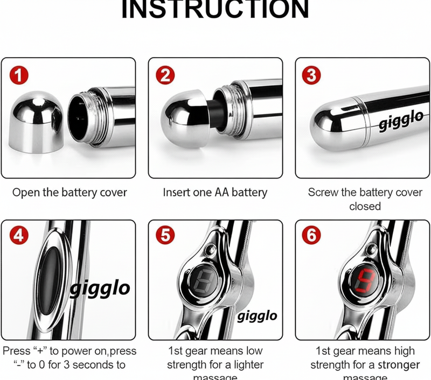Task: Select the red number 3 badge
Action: click(312, 75)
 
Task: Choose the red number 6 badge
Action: click(312, 237)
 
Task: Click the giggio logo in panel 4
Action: click(100, 288)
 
